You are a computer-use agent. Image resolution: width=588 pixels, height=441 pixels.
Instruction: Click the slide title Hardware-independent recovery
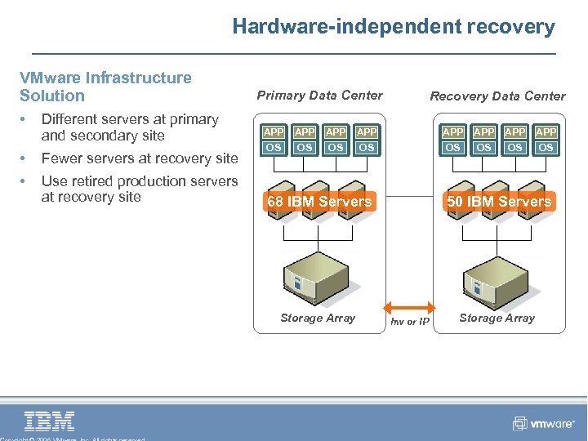pos(393,26)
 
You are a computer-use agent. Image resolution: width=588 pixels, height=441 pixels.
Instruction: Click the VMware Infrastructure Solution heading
pos(105,87)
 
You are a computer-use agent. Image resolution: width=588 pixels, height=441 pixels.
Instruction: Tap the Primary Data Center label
pos(319,95)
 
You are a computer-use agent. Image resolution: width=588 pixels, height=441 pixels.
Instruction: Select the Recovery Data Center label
pos(497,96)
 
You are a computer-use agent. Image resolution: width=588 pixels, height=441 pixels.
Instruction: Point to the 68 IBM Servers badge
pos(318,201)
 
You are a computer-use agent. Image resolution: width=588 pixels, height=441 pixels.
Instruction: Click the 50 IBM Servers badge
pos(499,201)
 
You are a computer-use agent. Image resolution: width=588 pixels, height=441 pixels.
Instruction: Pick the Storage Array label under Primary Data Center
pos(318,318)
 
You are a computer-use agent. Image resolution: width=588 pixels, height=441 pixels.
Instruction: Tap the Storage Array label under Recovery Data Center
pos(497,318)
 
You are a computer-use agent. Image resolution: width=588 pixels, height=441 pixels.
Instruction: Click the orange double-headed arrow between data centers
pos(408,308)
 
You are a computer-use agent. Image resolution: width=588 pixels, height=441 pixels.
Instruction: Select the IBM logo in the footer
pos(50,421)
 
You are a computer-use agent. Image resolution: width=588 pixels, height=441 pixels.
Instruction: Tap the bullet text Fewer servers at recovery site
pos(140,158)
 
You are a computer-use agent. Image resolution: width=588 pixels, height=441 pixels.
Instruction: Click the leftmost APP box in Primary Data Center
pos(274,131)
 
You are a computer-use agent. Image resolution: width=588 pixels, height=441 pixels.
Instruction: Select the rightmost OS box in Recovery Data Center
pos(546,148)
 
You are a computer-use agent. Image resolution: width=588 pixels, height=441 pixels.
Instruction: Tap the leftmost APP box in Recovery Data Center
pos(452,131)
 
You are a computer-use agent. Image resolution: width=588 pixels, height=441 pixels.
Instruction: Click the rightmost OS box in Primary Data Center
pos(367,148)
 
